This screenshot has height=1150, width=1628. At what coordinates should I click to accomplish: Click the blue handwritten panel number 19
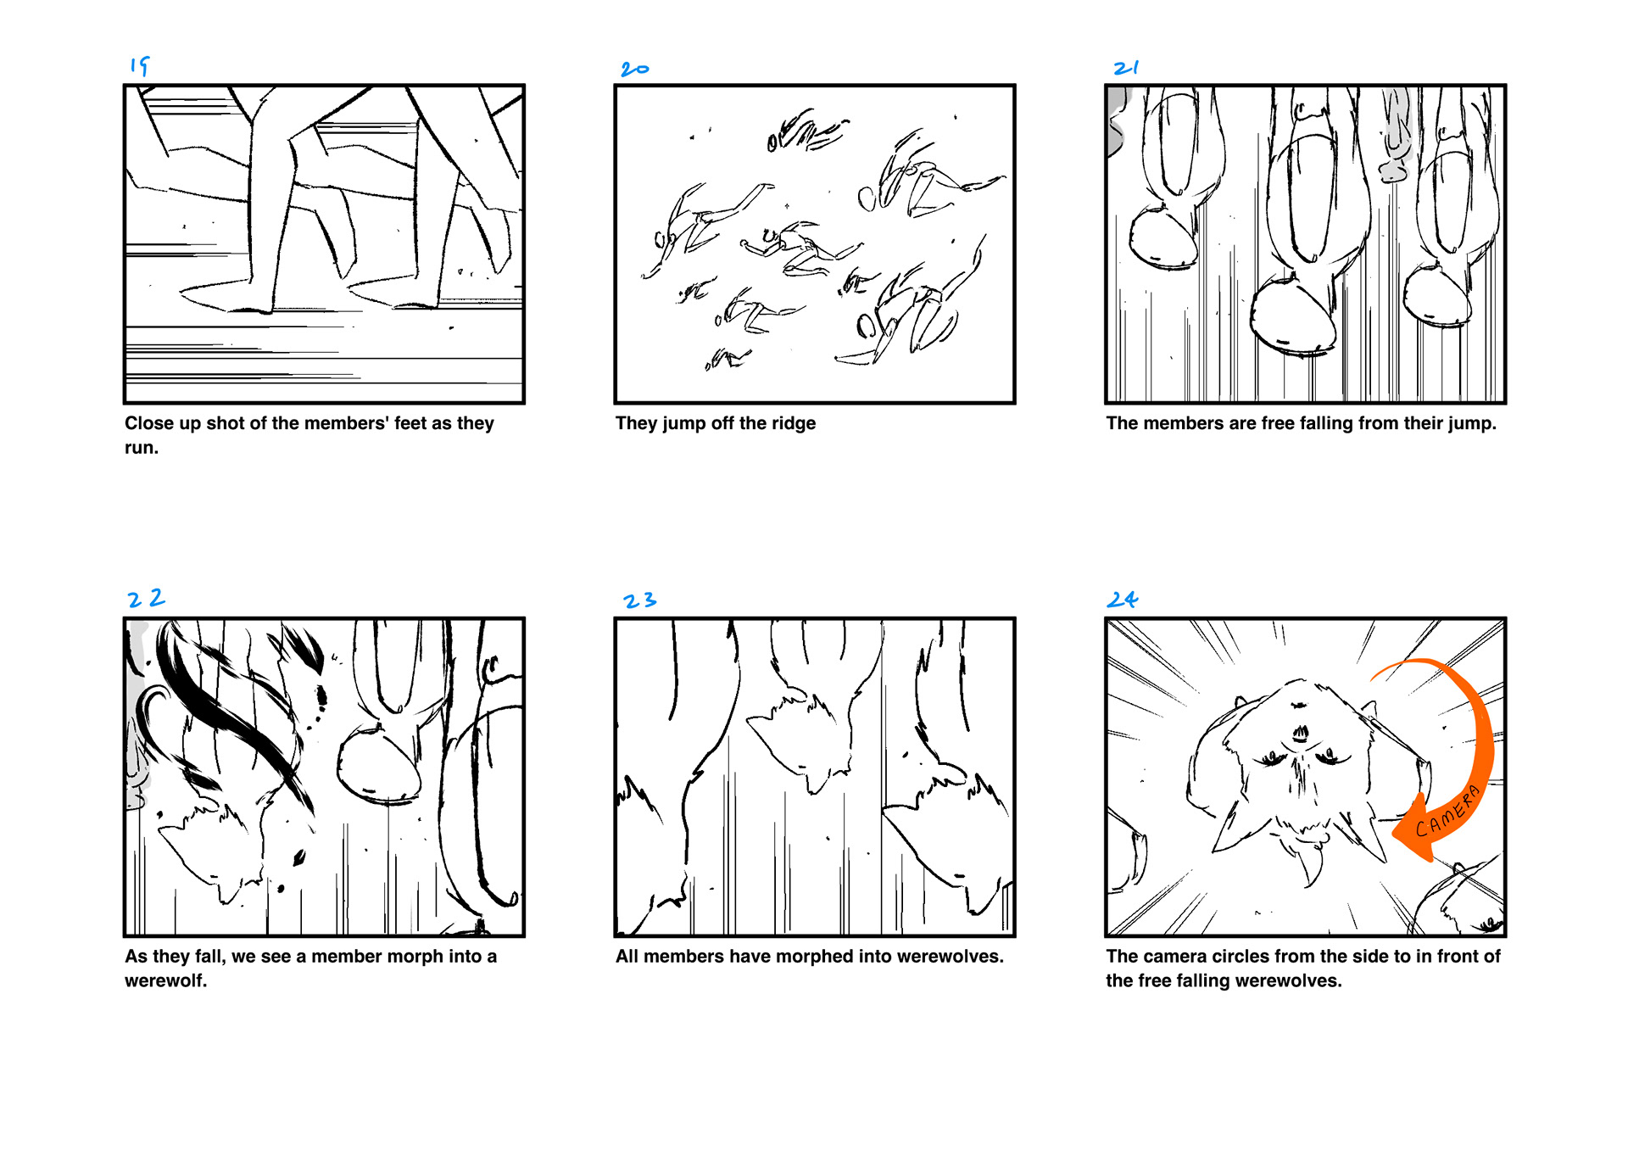[140, 65]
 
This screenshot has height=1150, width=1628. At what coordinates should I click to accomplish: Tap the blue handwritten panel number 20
[635, 69]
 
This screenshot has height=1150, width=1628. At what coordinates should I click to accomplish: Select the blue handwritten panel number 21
[1126, 68]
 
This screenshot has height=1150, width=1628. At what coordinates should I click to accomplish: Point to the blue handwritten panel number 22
[146, 599]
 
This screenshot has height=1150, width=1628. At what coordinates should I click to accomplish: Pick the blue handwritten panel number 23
[640, 600]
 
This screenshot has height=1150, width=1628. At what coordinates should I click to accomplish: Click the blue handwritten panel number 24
[1122, 600]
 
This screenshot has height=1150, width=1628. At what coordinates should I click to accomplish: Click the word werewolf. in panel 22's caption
[166, 981]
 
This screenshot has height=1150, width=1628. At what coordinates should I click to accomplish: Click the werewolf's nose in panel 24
[1299, 731]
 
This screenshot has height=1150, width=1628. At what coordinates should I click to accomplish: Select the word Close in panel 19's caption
[148, 423]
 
